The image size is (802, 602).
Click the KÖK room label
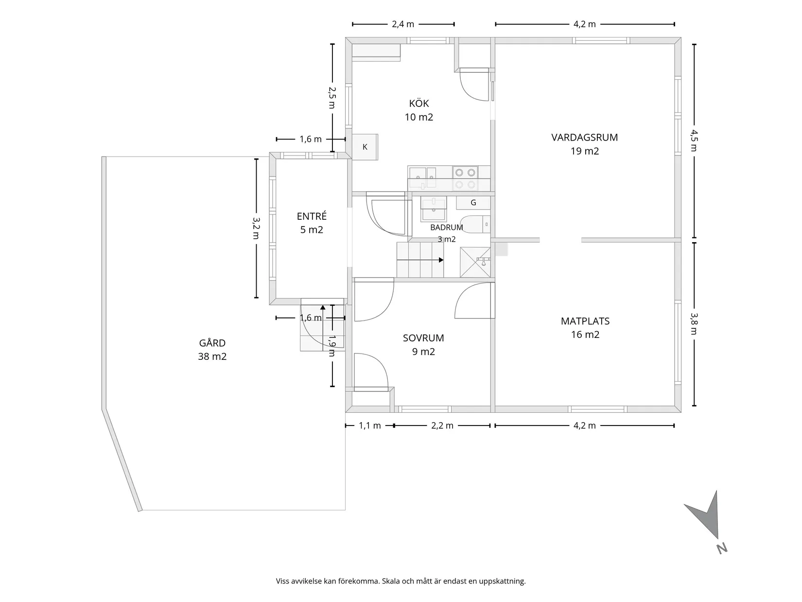pos(418,104)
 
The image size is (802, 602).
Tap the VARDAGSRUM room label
pos(584,138)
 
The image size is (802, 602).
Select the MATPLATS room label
pos(585,321)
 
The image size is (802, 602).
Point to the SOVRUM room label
pos(423,338)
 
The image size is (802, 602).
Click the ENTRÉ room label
pos(311,216)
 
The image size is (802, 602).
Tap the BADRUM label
pos(447,228)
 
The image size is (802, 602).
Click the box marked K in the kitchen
pos(365,147)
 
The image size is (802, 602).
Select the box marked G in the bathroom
pos(473,202)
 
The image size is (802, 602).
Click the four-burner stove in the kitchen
pos(465,178)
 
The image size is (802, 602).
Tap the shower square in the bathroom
pos(475,262)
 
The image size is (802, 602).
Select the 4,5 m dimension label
pos(694,141)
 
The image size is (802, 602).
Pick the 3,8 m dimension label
pos(694,323)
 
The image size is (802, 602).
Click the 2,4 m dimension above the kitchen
pos(403,24)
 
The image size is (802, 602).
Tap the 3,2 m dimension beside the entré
pos(256,228)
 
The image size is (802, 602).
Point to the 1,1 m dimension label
pos(370,425)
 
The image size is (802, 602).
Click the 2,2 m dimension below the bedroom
pos(442,425)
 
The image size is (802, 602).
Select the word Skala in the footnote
pos(391,581)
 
